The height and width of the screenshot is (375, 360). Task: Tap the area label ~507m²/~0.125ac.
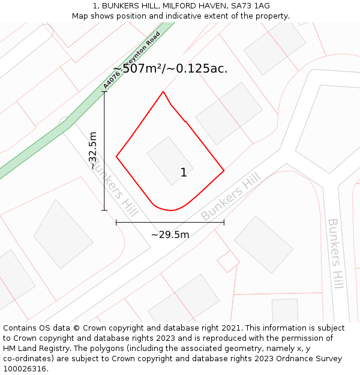(x=170, y=68)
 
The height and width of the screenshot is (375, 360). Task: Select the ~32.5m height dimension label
(x=93, y=151)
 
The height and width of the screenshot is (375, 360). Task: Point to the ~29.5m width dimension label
(x=170, y=235)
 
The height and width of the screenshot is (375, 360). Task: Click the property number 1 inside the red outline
(x=184, y=173)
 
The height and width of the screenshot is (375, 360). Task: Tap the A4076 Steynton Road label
(x=131, y=60)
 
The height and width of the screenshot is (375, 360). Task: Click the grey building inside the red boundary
(x=170, y=160)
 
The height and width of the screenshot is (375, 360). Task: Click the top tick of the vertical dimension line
(x=104, y=91)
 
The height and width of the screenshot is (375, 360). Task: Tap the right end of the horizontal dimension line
(x=224, y=222)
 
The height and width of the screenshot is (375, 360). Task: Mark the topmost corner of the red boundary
(x=163, y=92)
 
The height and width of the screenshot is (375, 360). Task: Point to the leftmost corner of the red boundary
(x=116, y=157)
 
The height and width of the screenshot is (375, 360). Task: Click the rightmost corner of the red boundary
(x=224, y=170)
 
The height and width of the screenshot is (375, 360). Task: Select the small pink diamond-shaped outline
(x=228, y=262)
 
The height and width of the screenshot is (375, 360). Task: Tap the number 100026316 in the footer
(x=26, y=368)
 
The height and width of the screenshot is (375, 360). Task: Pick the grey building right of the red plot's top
(x=229, y=113)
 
